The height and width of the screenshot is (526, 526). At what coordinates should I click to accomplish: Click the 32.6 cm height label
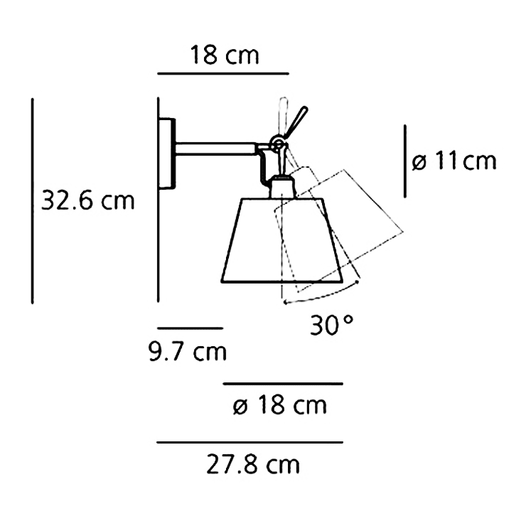(87, 200)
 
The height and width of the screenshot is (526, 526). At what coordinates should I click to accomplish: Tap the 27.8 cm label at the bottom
(253, 466)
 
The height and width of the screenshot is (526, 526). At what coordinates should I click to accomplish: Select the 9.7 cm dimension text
(188, 351)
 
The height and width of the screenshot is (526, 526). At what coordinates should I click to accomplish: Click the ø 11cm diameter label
(453, 161)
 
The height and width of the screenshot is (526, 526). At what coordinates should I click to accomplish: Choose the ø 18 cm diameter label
(280, 406)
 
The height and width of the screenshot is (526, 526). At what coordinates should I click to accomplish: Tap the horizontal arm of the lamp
(217, 148)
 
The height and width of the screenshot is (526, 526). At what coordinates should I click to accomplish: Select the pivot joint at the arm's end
(278, 145)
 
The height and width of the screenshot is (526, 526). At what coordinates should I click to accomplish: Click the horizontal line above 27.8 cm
(249, 442)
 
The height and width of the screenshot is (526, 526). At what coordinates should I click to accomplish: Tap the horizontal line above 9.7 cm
(190, 328)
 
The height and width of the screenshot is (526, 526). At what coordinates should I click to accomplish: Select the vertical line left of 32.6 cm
(33, 200)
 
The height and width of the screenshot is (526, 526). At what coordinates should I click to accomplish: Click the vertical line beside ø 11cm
(405, 161)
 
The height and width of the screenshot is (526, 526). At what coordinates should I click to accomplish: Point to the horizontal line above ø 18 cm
(283, 384)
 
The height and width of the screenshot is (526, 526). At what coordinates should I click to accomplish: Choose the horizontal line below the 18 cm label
(223, 73)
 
